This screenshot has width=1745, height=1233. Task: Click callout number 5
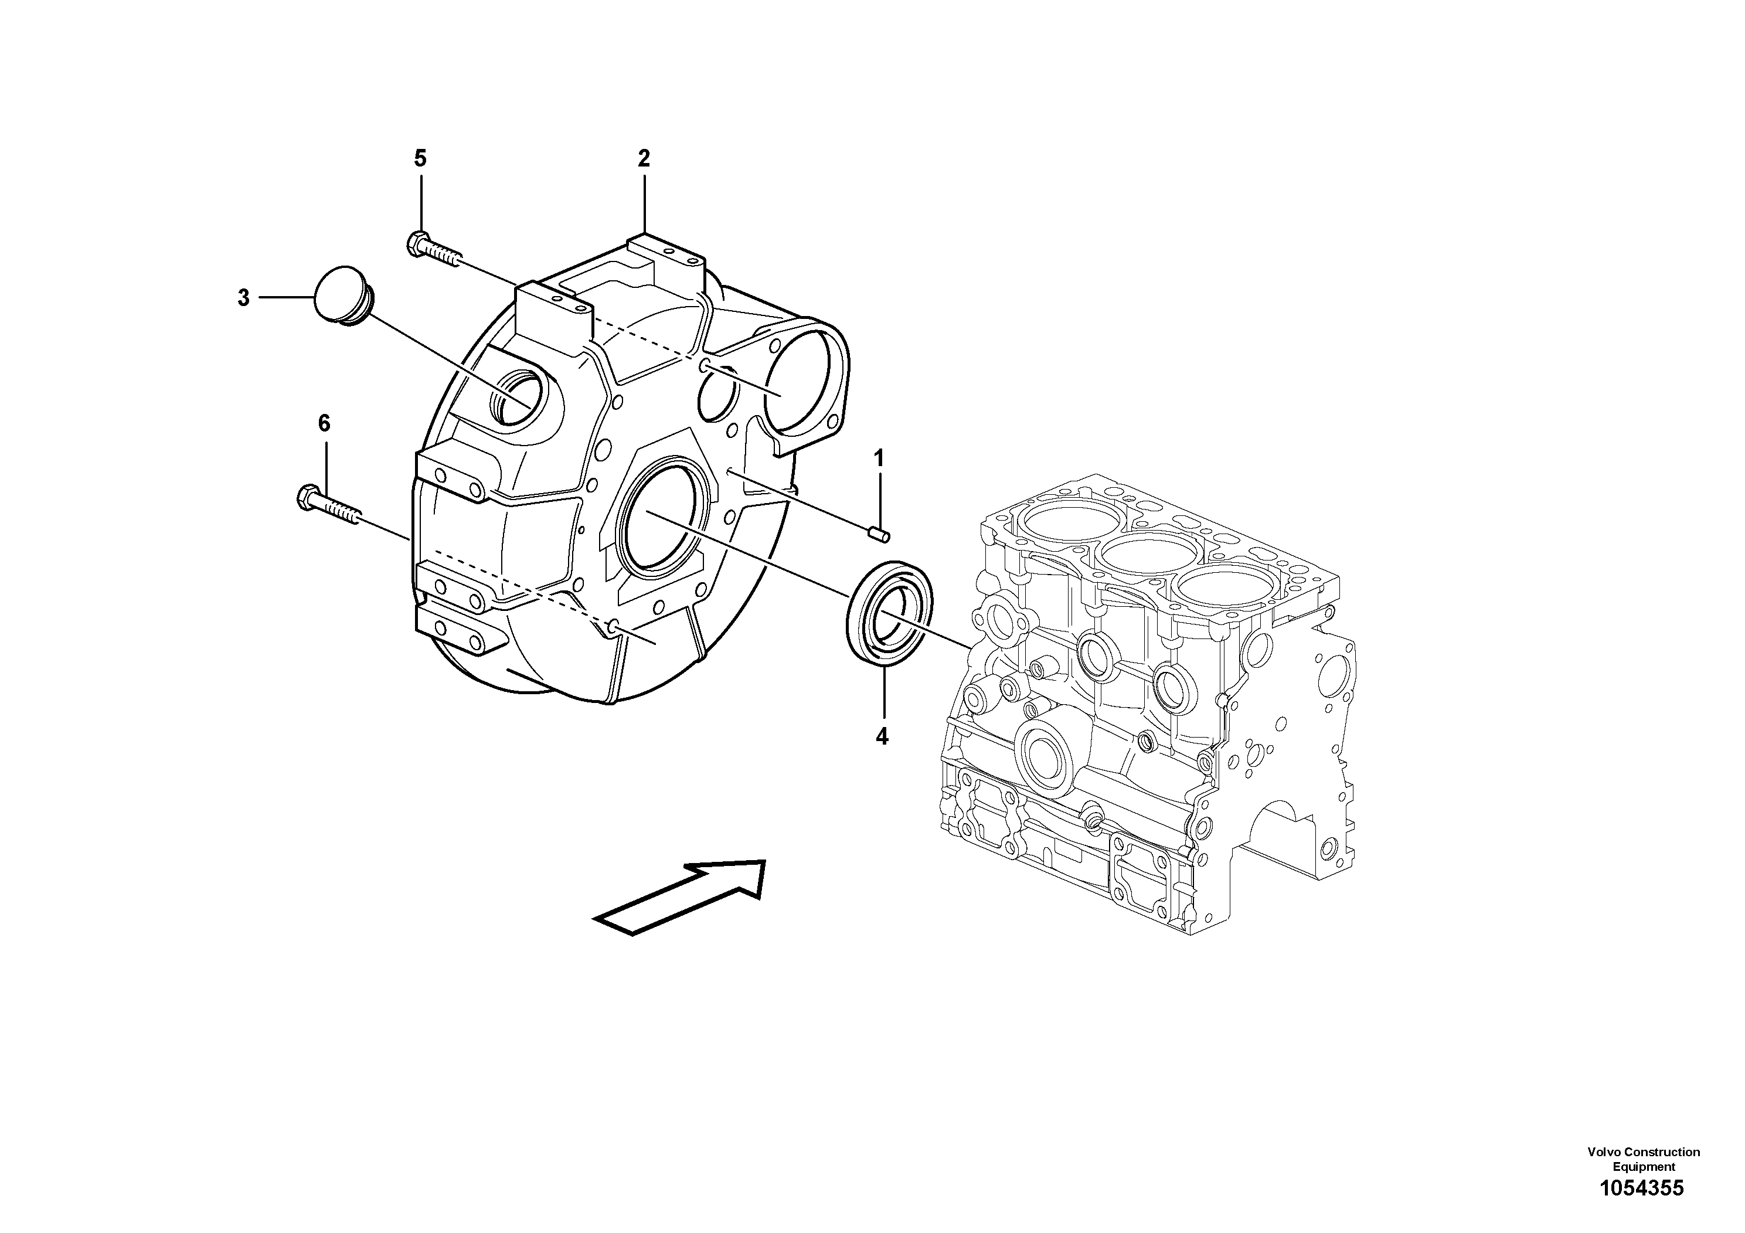coord(420,159)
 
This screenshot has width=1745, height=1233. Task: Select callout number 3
coord(243,298)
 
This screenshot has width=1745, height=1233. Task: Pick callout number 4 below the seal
coord(882,736)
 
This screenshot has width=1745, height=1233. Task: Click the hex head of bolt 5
coord(417,243)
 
